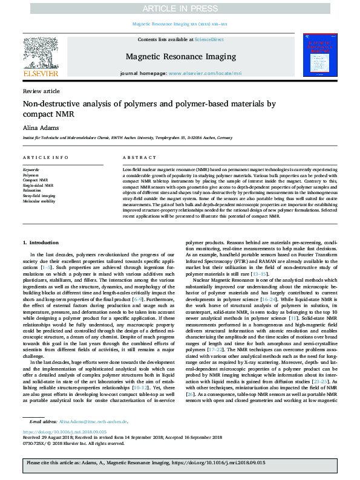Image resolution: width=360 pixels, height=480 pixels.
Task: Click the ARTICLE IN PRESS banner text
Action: tap(180, 9)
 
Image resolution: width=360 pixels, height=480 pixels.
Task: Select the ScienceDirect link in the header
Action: tap(209, 39)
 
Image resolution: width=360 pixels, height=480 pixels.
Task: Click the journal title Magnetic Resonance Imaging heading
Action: tap(180, 57)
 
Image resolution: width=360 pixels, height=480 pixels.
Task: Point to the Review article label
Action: tap(41, 91)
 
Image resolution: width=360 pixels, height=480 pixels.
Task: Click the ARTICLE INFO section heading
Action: tap(45, 157)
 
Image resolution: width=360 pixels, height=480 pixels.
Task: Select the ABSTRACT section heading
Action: tap(136, 157)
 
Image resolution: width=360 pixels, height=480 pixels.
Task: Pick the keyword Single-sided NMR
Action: tap(38, 186)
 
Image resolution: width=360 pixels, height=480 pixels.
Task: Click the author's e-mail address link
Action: tap(93, 421)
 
